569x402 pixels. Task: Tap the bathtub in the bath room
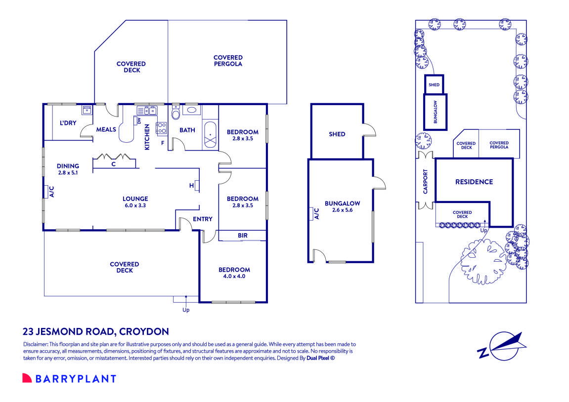coord(211,134)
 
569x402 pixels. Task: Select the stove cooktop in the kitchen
coord(161,128)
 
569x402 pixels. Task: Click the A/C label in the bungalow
coord(316,213)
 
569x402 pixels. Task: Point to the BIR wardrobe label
coord(242,236)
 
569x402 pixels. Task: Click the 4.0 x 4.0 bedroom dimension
coord(234,277)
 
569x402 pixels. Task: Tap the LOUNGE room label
coord(135,199)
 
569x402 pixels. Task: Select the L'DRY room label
coord(68,123)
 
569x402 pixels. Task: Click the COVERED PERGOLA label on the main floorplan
coord(228,61)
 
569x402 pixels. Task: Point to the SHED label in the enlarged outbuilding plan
coord(337,134)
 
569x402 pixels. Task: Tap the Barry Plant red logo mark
coord(27,378)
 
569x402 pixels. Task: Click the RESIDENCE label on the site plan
coord(474,182)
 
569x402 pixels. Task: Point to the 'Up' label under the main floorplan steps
coord(186,310)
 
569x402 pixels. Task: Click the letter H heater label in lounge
coord(191,186)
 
